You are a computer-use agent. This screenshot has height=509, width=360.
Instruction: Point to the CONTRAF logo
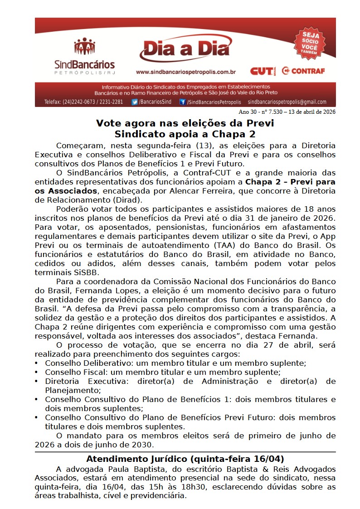coord(303,71)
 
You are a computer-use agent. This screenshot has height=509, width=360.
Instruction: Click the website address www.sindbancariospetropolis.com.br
coord(185,72)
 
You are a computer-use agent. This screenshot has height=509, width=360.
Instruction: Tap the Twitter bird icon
coord(135,102)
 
